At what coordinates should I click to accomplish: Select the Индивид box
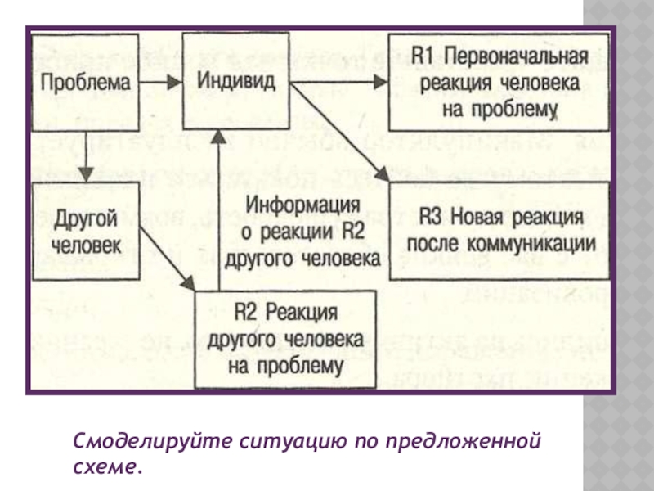[235, 81]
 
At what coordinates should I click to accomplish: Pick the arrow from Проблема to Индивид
[160, 82]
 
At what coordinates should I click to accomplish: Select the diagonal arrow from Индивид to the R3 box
[339, 132]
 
